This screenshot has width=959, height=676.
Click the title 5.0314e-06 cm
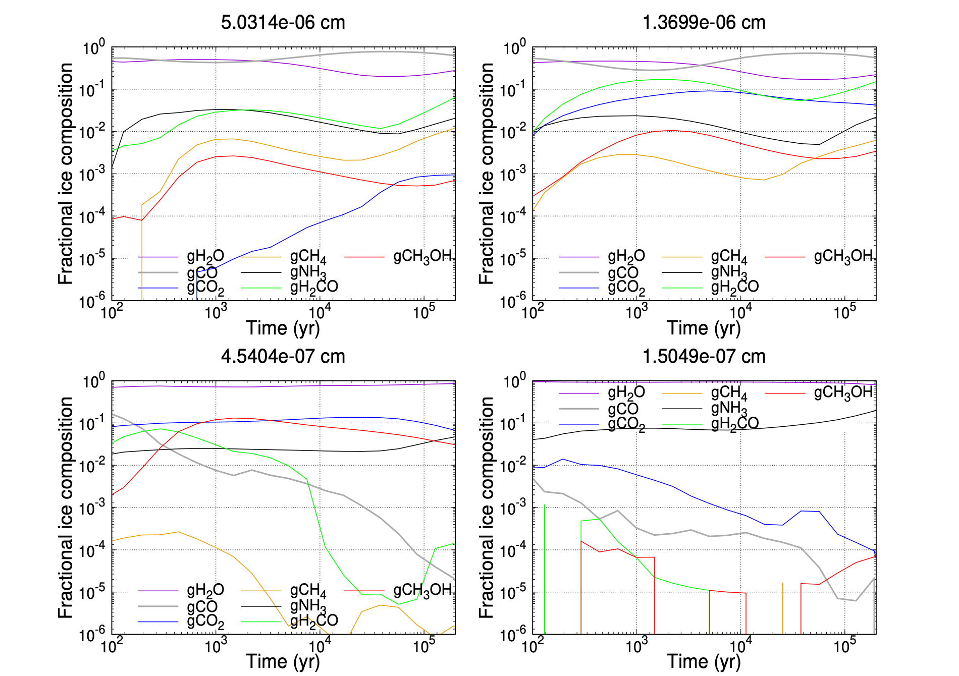click(283, 22)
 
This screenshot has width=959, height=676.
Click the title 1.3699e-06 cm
click(704, 22)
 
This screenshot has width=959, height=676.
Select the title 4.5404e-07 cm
click(283, 356)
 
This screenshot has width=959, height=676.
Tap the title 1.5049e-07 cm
click(704, 356)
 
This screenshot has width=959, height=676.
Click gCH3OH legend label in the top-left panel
click(422, 257)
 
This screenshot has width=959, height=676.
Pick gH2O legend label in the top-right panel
click(626, 257)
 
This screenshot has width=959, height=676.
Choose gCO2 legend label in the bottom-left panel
click(205, 622)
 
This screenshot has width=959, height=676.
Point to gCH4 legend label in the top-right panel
click(729, 257)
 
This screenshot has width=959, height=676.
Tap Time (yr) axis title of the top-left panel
click(283, 328)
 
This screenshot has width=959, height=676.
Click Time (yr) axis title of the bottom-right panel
click(704, 661)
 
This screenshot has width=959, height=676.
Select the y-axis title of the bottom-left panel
click(66, 508)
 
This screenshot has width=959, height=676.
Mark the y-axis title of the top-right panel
click(487, 174)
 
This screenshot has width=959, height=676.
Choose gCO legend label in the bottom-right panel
click(623, 409)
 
